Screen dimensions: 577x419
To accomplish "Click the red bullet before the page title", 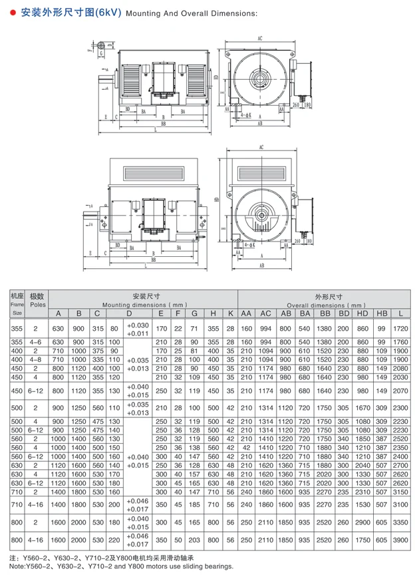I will tap(13, 13).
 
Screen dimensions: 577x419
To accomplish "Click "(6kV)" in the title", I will tap(107, 13).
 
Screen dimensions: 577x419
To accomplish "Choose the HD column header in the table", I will tap(362, 313).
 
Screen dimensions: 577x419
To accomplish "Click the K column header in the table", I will tap(230, 313).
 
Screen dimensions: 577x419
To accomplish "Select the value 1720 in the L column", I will tap(400, 329).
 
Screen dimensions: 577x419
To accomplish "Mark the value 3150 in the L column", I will tap(400, 491).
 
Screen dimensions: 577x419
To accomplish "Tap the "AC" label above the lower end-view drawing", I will tap(261, 146).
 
